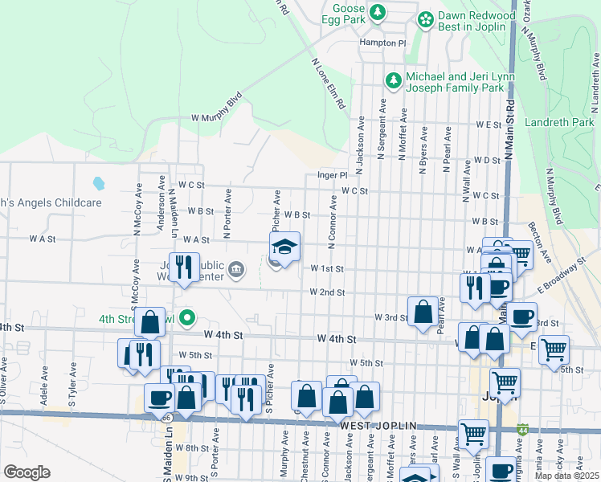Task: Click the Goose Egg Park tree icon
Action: pyautogui.click(x=378, y=13)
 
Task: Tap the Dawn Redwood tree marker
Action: pyautogui.click(x=425, y=18)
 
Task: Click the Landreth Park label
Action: pyautogui.click(x=559, y=122)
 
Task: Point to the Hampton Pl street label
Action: pyautogui.click(x=384, y=43)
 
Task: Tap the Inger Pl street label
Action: pyautogui.click(x=331, y=174)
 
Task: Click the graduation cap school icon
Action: pyautogui.click(x=284, y=247)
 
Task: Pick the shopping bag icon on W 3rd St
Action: pyautogui.click(x=423, y=311)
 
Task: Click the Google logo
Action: pyautogui.click(x=27, y=472)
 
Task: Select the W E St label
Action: pyautogui.click(x=488, y=125)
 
